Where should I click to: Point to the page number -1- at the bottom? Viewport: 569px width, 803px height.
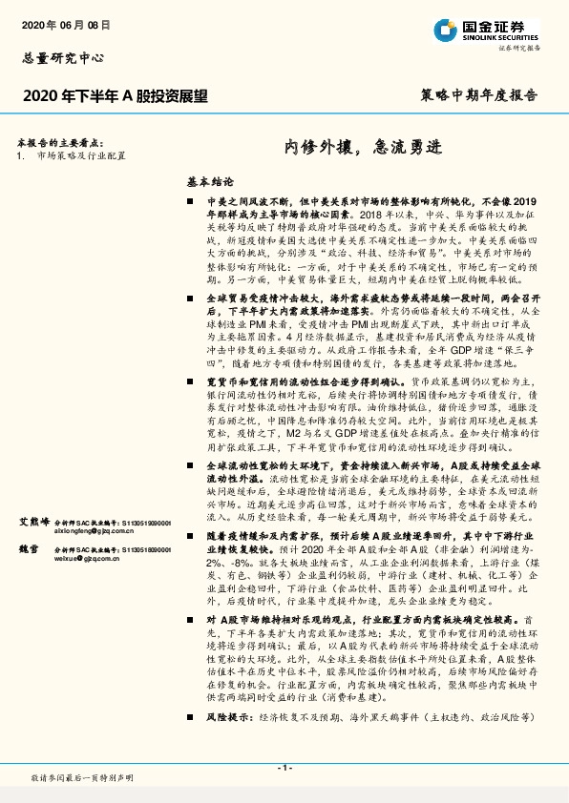pyautogui.click(x=284, y=767)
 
